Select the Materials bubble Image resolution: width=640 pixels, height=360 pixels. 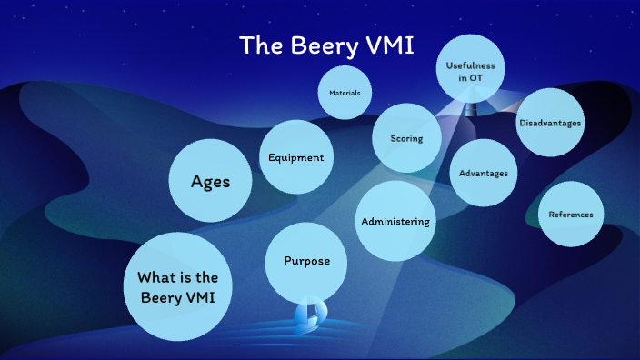[x=345, y=93]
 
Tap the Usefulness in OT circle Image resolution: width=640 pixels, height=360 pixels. [x=469, y=69]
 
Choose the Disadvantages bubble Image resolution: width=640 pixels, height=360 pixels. [x=550, y=122]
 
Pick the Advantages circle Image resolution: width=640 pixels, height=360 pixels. [x=484, y=173]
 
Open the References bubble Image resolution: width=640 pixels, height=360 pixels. [x=571, y=215]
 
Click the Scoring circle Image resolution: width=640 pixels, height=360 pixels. [x=405, y=138]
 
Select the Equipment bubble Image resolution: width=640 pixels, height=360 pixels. [x=295, y=156]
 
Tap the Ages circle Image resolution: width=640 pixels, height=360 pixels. [x=210, y=181]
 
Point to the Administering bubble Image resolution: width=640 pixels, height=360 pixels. [x=395, y=221]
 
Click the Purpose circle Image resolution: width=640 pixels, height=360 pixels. [x=300, y=261]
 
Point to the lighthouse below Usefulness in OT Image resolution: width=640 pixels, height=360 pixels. [x=470, y=108]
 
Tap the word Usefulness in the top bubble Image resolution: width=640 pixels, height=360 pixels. [x=469, y=64]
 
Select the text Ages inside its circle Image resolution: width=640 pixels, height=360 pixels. [x=210, y=181]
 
